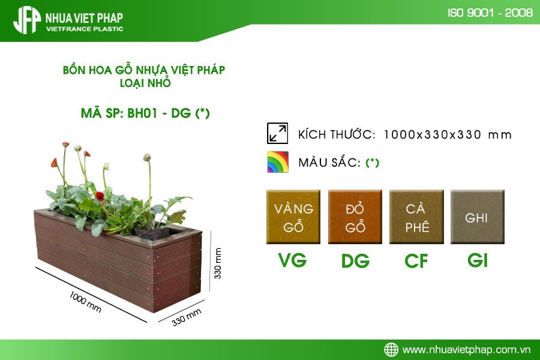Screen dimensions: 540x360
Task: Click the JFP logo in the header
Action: [26, 20]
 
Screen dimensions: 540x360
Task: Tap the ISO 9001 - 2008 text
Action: [490, 13]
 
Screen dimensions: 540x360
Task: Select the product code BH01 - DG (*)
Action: [169, 113]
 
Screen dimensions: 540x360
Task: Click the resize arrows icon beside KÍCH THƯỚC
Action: [277, 133]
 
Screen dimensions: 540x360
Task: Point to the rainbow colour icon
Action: [278, 162]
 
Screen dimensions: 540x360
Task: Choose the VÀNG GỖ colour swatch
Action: [293, 217]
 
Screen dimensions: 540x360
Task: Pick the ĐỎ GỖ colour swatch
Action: [355, 217]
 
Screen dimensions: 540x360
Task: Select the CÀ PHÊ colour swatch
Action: [416, 217]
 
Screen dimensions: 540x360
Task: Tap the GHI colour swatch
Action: [478, 217]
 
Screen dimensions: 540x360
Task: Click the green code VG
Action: [292, 260]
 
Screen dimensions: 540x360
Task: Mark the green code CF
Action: [416, 261]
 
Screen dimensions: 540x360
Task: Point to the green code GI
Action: [478, 260]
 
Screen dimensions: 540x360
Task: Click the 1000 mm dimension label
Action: [85, 302]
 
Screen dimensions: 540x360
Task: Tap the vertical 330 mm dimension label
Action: [218, 263]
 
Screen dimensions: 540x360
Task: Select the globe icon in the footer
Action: [391, 350]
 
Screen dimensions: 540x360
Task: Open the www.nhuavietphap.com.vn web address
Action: [466, 350]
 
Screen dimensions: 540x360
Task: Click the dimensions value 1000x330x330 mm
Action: [448, 134]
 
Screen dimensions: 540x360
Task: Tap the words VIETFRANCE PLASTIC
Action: [85, 29]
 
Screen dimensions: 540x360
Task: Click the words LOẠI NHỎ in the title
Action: [145, 83]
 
